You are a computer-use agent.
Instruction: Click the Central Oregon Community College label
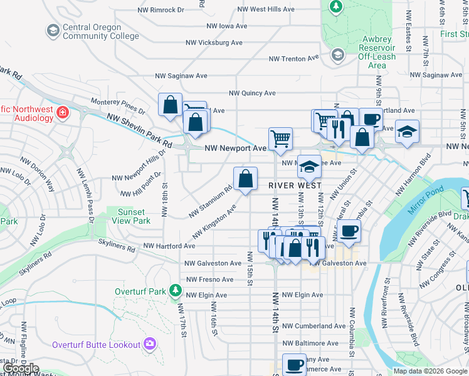point(100,31)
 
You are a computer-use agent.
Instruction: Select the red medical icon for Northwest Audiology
point(63,113)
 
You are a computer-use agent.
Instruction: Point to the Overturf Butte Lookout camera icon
point(149,343)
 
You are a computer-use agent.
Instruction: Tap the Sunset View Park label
point(132,216)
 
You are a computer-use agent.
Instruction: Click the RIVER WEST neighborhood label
point(295,185)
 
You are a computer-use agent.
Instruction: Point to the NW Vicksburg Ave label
point(214,43)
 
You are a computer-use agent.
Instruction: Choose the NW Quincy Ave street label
point(252,93)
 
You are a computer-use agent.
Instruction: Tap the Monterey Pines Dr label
point(118,106)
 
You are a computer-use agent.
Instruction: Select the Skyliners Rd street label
point(117,249)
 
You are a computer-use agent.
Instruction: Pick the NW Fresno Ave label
point(209,279)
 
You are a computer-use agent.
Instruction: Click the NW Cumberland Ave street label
point(314,326)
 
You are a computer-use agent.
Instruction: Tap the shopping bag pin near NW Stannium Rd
point(245,178)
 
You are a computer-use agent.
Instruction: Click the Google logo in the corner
point(21,368)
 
